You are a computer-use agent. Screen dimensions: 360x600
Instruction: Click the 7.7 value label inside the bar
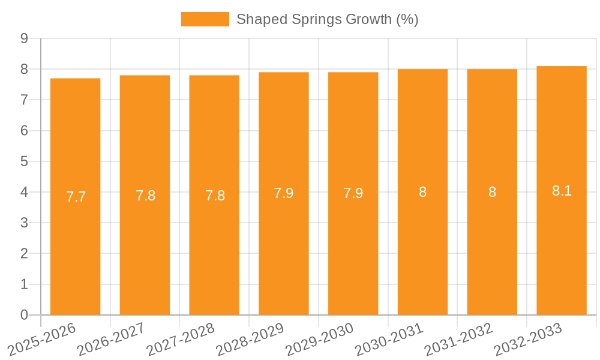76,197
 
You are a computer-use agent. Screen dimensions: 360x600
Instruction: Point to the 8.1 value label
562,191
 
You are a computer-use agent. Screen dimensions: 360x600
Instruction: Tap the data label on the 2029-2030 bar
353,193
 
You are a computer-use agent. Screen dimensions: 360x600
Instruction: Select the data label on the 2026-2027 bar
145,196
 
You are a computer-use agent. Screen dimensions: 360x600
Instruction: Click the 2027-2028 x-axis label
181,339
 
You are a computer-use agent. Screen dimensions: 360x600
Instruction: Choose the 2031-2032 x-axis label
458,339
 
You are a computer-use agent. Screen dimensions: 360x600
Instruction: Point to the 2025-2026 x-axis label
41,339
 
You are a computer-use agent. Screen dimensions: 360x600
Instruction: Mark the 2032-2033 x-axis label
528,339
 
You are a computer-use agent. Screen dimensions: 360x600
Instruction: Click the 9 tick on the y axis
24,38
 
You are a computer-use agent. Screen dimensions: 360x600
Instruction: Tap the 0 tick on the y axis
24,315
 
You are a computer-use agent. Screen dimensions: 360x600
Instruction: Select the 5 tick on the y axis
24,161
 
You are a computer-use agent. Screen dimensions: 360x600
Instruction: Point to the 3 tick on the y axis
24,223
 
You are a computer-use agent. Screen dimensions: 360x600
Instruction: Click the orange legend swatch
205,19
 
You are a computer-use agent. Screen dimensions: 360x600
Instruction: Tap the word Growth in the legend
368,19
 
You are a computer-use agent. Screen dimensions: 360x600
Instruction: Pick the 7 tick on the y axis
24,100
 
